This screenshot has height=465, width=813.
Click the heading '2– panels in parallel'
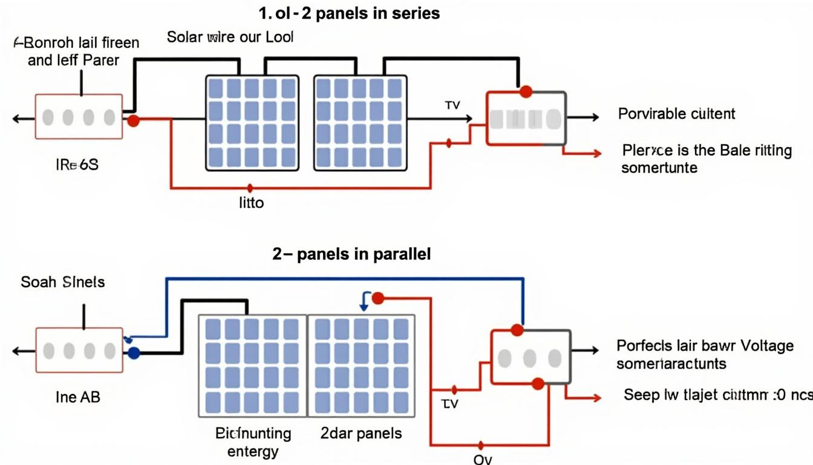351,254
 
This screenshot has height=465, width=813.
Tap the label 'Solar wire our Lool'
230,37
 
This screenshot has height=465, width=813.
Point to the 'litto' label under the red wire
251,203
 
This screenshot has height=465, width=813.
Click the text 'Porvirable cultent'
676,114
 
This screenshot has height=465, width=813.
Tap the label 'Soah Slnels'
62,282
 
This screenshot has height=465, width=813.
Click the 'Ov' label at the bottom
483,459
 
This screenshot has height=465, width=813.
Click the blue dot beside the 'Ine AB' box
134,353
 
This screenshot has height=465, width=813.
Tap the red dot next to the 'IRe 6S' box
134,120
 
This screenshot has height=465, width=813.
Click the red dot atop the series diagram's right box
526,91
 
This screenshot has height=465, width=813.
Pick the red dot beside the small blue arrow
377,298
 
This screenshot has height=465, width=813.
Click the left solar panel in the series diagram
252,123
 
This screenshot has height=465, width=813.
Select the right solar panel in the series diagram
360,123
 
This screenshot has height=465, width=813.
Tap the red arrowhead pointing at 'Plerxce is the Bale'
597,154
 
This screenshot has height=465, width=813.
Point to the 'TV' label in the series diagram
452,105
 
